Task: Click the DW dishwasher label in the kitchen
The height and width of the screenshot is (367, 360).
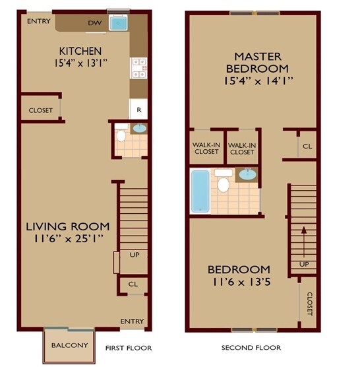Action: click(94, 22)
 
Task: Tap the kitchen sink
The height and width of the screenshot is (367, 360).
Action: click(119, 23)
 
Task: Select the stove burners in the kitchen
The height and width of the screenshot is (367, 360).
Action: click(138, 66)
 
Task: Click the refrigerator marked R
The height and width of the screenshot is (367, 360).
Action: click(138, 109)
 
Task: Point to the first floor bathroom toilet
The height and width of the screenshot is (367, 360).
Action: click(120, 136)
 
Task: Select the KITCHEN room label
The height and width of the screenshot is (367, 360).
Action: click(80, 51)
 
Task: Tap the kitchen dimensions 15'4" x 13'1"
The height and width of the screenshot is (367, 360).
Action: click(80, 63)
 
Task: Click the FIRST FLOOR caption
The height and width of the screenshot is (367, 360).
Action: click(129, 348)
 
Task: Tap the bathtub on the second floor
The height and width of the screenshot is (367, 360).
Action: click(200, 191)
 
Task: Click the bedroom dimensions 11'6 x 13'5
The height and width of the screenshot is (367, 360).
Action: click(239, 282)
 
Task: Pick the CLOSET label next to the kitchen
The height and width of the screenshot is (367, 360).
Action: click(40, 110)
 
